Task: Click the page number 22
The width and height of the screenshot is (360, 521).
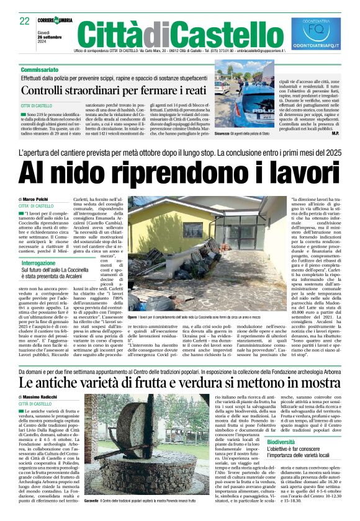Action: pos(25,20)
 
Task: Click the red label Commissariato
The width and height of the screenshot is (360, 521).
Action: pos(40,69)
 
